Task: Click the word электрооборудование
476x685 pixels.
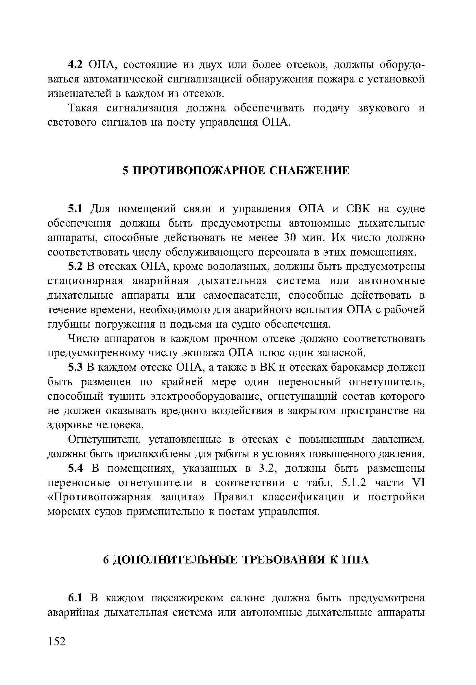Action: point(206,396)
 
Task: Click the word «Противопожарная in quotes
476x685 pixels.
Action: point(100,497)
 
